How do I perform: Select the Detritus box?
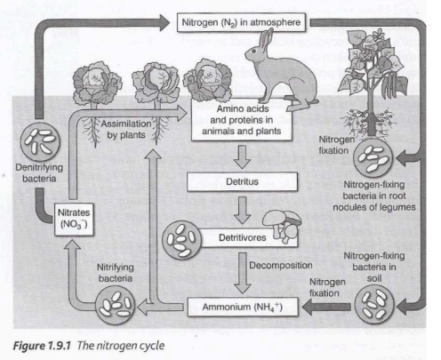coord(241,181)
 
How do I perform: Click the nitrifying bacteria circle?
coord(116,305)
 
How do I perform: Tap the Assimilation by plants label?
coord(132,130)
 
